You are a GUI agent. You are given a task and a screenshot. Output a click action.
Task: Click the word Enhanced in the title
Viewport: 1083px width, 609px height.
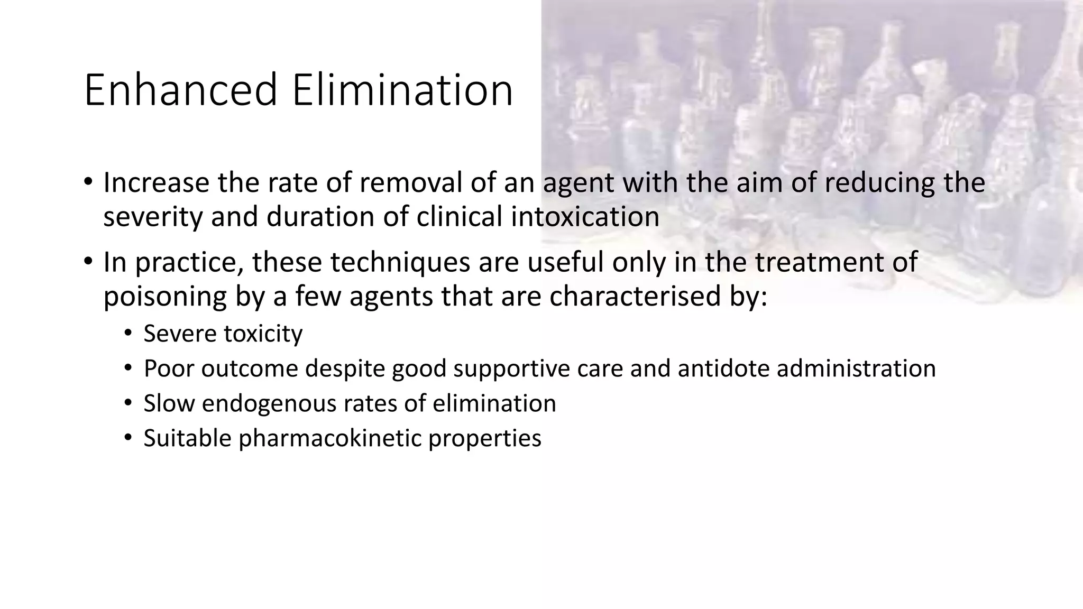180,90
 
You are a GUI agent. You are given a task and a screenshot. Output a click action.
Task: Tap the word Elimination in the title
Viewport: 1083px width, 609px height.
402,90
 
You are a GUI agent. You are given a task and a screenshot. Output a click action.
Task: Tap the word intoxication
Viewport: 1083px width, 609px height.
585,217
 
